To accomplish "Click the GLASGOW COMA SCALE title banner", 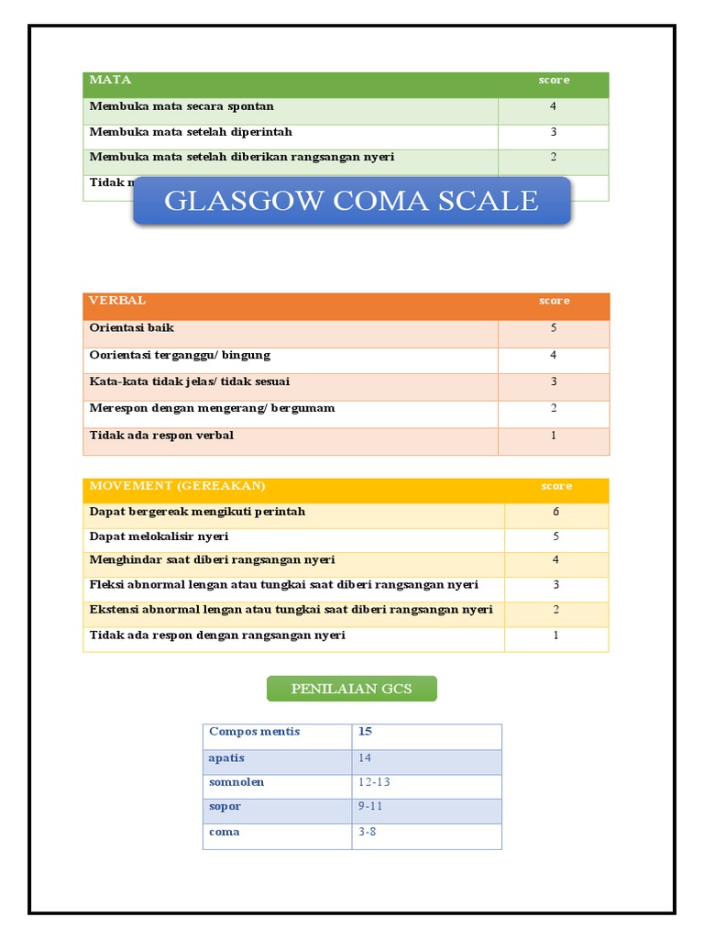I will [351, 201].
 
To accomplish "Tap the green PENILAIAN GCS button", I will [351, 689].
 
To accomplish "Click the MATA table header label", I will [110, 80].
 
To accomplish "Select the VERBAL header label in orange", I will [117, 301].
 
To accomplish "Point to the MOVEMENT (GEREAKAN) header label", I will [177, 486].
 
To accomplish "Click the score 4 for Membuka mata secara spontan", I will [553, 106].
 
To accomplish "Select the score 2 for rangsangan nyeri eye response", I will [553, 157].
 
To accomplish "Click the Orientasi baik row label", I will [132, 327].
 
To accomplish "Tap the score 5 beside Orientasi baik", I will [553, 327].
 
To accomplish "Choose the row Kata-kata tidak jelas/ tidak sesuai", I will [190, 381].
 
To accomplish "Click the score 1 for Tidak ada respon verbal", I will [553, 436].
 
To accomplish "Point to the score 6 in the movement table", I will [555, 512].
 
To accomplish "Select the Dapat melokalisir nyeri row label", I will [159, 536].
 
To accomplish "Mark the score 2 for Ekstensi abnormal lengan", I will [555, 610].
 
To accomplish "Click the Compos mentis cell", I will [255, 732].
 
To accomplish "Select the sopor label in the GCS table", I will [225, 807].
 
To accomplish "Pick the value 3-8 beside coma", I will [368, 832].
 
